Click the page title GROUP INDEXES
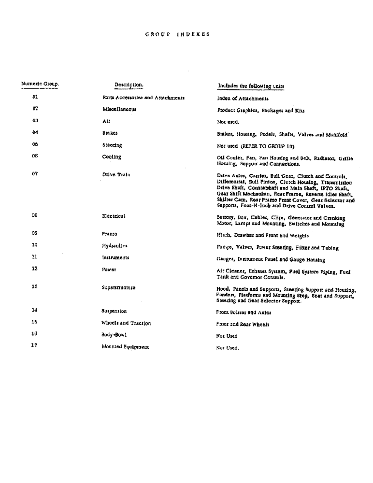pyautogui.click(x=177, y=35)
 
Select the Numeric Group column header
pyautogui.click(x=40, y=84)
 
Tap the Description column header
pyautogui.click(x=129, y=85)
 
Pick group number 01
pyautogui.click(x=35, y=97)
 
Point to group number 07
pyautogui.click(x=35, y=174)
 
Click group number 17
pyautogui.click(x=35, y=346)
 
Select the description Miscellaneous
pyautogui.click(x=116, y=109)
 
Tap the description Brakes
pyautogui.click(x=110, y=133)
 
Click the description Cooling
pyautogui.click(x=112, y=157)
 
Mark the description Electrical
pyautogui.click(x=114, y=216)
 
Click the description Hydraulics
pyautogui.click(x=115, y=246)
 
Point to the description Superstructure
pyautogui.click(x=118, y=287)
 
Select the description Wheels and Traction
pyautogui.click(x=123, y=323)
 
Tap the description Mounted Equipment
pyautogui.click(x=125, y=347)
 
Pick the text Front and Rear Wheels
pyautogui.click(x=243, y=325)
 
